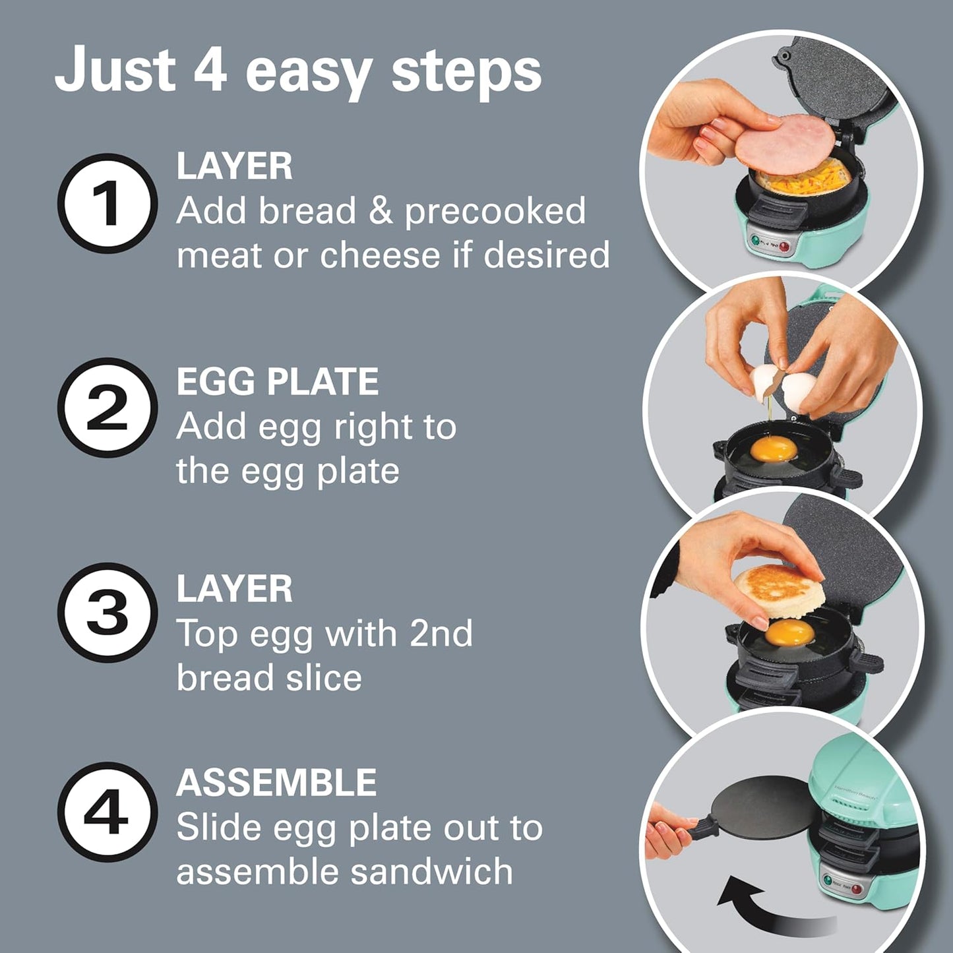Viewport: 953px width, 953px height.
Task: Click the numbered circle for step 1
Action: [x=108, y=203]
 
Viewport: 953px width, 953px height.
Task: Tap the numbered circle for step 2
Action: [x=108, y=408]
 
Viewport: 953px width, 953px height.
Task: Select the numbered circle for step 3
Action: [x=108, y=612]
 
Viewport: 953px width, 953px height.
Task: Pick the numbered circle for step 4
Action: [x=108, y=812]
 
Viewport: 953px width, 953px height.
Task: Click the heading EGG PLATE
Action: [x=277, y=382]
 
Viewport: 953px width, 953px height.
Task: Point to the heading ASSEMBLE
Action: [x=276, y=783]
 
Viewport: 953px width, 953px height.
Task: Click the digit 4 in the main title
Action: [x=210, y=69]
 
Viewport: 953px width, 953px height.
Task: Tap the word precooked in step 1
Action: [x=495, y=212]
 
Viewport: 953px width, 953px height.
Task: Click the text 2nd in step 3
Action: [x=441, y=634]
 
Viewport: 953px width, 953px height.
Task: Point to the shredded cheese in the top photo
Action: [x=802, y=178]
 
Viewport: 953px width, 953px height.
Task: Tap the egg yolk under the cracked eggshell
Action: [x=774, y=449]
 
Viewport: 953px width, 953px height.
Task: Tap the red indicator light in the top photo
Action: [x=784, y=248]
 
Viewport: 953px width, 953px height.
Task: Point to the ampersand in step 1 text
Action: [x=381, y=212]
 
